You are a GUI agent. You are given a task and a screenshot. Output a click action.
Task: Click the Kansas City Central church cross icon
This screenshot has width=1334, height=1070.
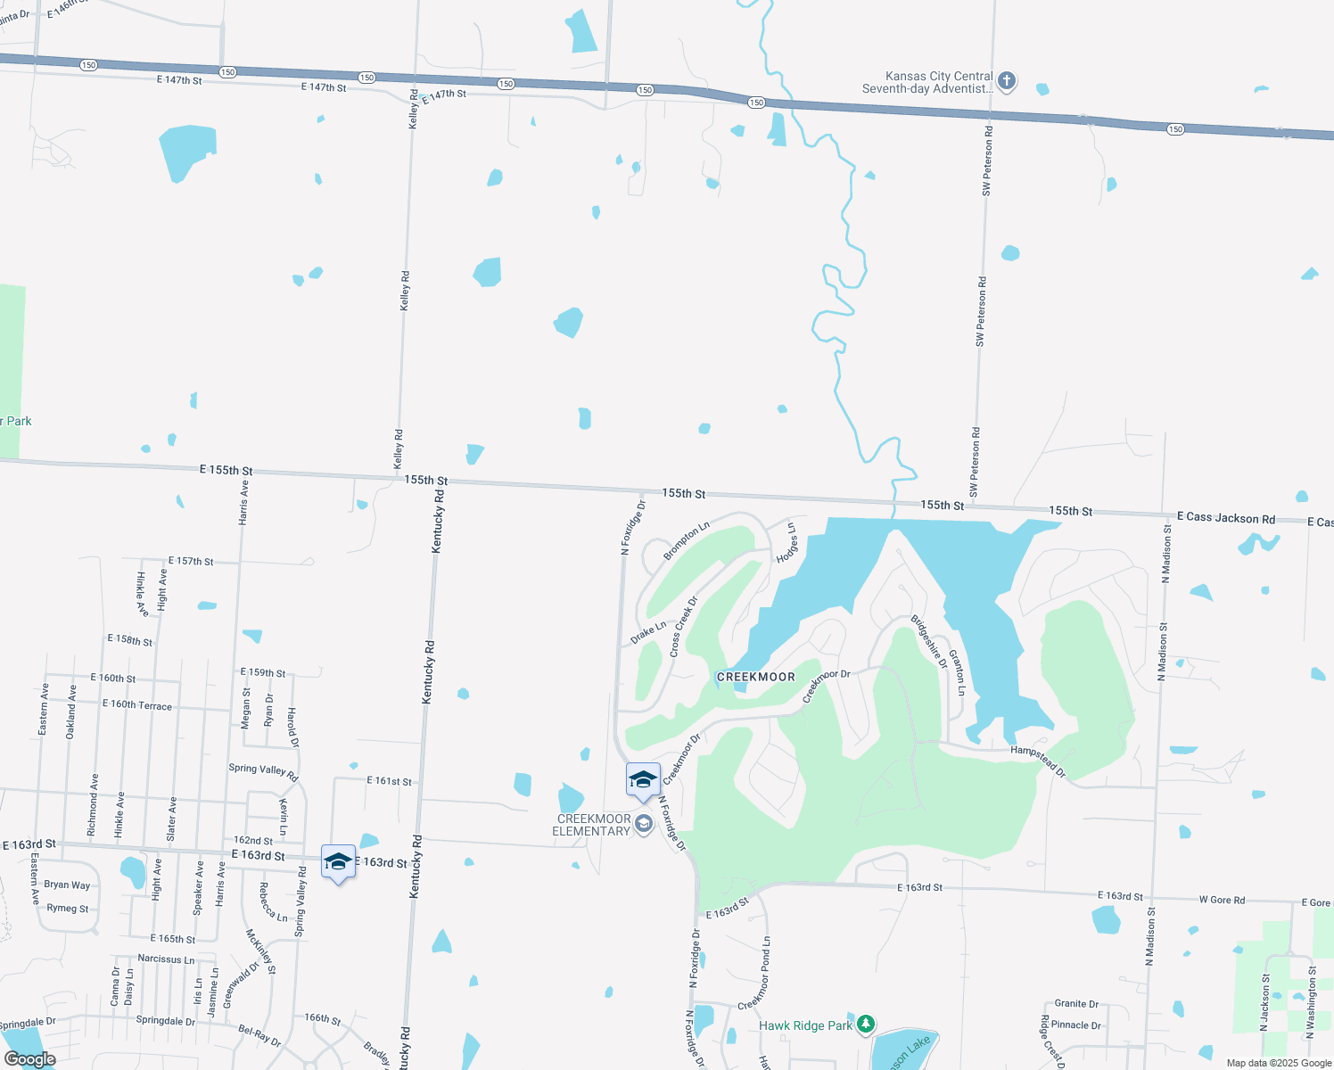[1007, 81]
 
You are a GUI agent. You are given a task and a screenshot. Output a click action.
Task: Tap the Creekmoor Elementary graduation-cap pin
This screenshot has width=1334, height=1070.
[643, 780]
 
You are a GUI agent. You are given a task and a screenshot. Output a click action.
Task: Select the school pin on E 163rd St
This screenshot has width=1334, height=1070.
[338, 861]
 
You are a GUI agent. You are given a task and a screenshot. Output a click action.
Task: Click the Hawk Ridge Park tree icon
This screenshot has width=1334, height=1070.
[865, 1025]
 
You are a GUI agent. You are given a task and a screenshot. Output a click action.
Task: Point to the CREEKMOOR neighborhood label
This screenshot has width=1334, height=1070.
[755, 677]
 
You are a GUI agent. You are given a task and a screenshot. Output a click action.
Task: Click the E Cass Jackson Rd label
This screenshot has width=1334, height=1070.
[1225, 518]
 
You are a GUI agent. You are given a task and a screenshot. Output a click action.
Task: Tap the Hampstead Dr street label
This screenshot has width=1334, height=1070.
[1038, 760]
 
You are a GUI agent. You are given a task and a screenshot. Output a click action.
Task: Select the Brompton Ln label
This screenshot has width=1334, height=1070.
[687, 541]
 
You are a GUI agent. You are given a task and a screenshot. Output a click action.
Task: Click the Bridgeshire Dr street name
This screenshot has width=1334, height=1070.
[929, 641]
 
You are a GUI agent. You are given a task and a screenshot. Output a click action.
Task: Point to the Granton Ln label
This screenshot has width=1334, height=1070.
[957, 672]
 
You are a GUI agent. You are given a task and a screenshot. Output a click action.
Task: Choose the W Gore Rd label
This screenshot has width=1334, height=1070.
[1222, 900]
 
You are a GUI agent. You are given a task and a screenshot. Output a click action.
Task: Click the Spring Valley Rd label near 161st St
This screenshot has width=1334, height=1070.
[263, 771]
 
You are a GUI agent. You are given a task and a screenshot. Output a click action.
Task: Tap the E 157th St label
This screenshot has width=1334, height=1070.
[191, 561]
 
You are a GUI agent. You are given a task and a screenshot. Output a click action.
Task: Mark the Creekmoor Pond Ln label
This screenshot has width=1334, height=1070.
[754, 974]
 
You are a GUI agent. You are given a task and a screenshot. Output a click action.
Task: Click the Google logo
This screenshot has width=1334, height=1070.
[29, 1059]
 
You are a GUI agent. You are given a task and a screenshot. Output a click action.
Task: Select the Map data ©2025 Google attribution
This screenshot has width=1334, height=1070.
[1278, 1063]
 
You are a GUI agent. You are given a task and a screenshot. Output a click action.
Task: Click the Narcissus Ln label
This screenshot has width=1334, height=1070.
[166, 959]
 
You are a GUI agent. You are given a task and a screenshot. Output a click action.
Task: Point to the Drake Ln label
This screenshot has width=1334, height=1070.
[648, 633]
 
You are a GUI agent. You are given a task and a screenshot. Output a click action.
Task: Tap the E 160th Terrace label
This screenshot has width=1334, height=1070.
[136, 704]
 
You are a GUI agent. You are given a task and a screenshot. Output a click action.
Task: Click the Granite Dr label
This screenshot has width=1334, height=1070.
[1076, 1003]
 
